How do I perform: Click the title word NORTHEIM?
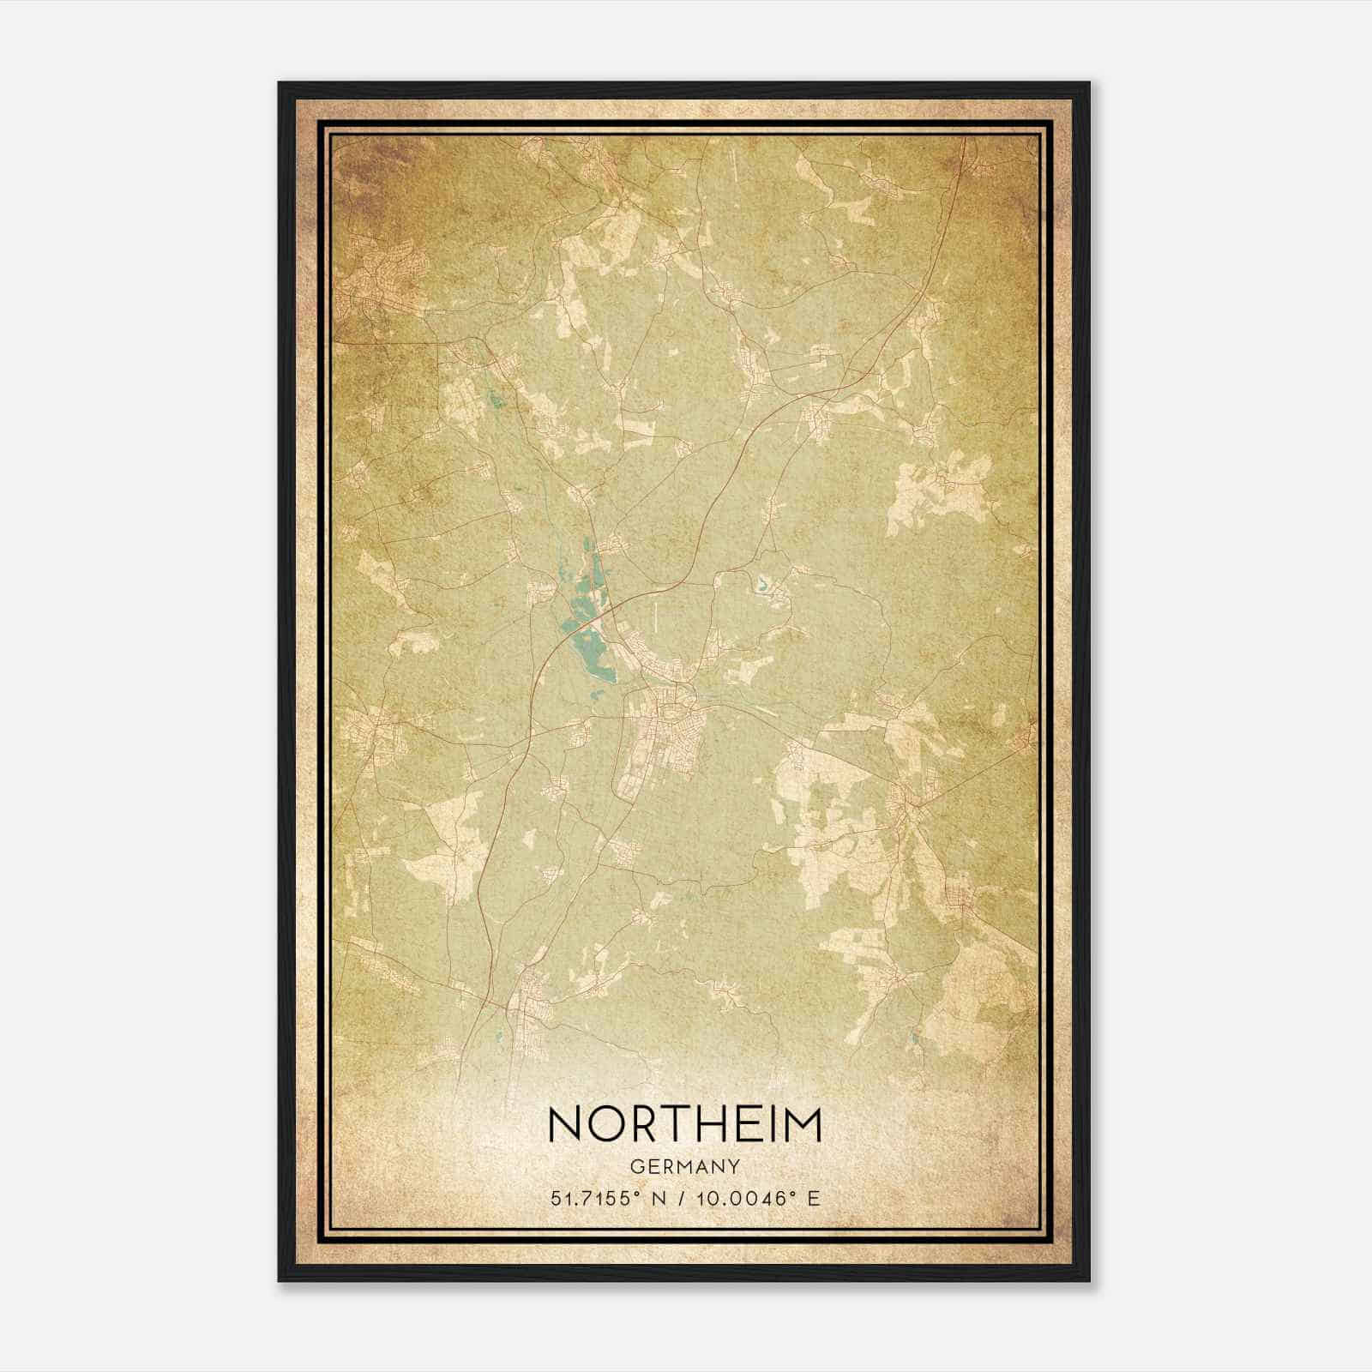(x=684, y=1124)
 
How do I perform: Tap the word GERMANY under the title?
(x=684, y=1166)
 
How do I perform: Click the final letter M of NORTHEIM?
(x=803, y=1124)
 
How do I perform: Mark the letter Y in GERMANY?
(x=734, y=1166)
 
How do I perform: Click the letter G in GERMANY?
(x=635, y=1166)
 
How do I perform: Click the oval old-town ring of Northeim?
(x=671, y=710)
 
